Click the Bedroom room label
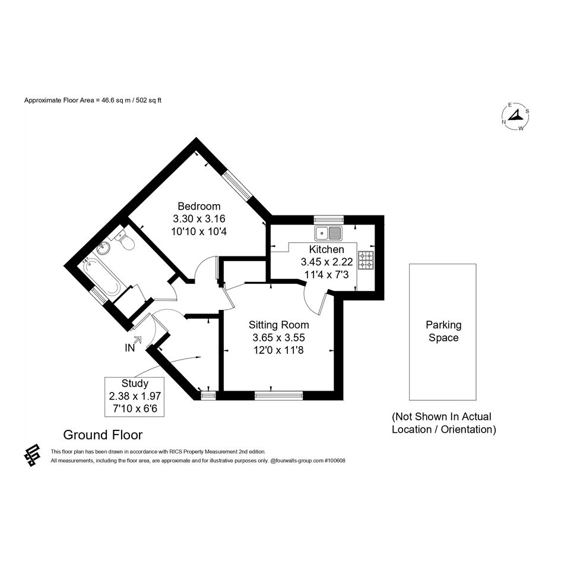(x=199, y=206)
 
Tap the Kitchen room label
(x=327, y=249)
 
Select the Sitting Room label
(x=278, y=325)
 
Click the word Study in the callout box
(x=135, y=383)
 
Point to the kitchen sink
(x=328, y=233)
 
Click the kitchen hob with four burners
(x=366, y=260)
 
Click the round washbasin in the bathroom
(x=103, y=248)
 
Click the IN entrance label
(x=129, y=348)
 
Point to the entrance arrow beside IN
(x=138, y=340)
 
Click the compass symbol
(x=515, y=116)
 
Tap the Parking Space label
(x=443, y=331)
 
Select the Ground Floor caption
(x=103, y=435)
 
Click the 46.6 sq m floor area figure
(x=113, y=100)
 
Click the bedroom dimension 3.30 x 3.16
(x=199, y=218)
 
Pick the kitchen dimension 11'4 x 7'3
(x=327, y=275)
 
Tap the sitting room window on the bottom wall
(x=278, y=396)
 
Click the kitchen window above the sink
(x=328, y=219)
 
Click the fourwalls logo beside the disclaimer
(x=32, y=455)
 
